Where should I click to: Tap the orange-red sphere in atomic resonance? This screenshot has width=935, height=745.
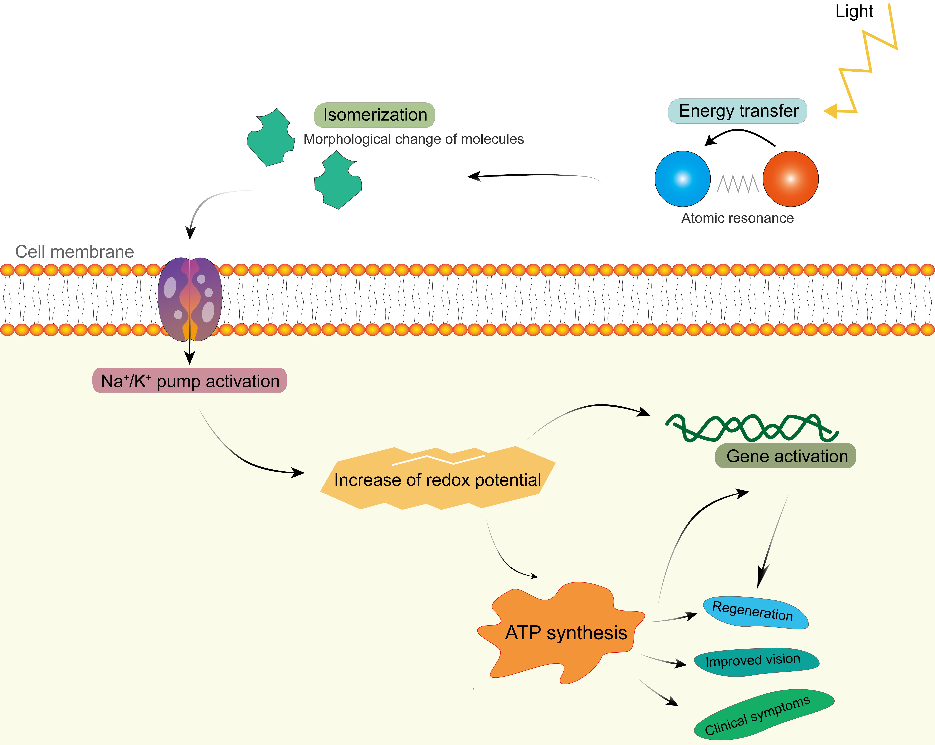point(790,179)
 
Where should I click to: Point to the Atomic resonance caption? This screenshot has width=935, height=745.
point(737,218)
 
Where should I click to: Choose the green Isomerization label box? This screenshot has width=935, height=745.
point(374,115)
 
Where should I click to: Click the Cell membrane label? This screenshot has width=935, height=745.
point(75,252)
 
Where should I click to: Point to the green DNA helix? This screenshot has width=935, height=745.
point(752,427)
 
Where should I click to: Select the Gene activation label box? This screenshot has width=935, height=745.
point(785,456)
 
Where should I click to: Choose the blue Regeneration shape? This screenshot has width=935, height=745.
point(755,613)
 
